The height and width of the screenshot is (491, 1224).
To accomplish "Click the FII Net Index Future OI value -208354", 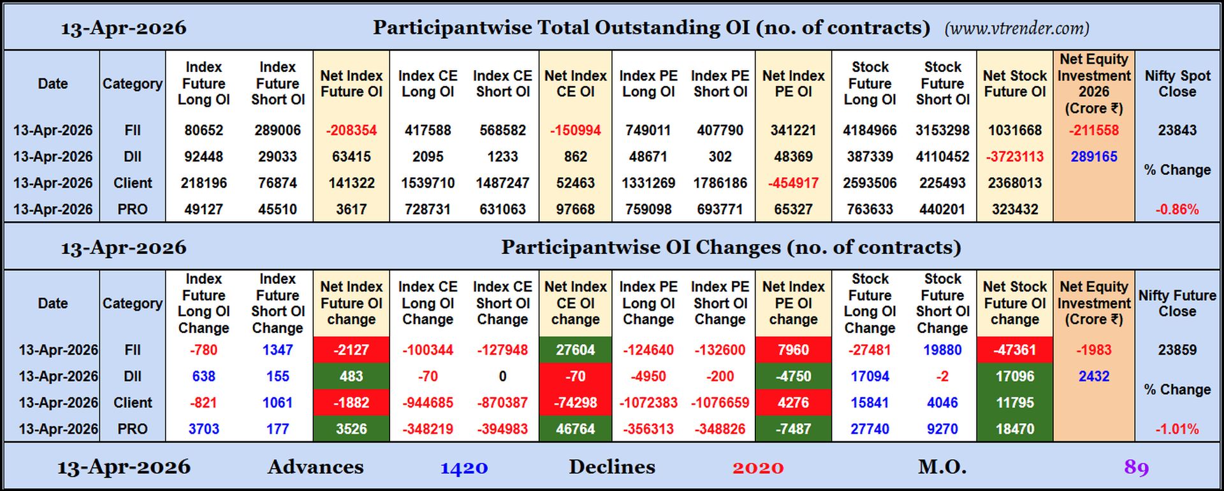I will (351, 130).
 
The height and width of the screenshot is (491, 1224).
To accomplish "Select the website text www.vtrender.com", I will (1017, 28).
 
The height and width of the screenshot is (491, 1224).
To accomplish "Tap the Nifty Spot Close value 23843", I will (1177, 130).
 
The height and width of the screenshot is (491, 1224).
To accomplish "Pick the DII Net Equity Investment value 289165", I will (1093, 156).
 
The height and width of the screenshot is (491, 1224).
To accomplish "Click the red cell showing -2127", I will (351, 350).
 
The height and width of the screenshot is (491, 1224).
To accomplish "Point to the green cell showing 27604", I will (575, 350).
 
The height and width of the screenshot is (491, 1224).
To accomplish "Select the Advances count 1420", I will (463, 467).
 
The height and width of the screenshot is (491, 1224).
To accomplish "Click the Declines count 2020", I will (757, 467).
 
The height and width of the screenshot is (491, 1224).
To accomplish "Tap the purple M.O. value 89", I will (1136, 467).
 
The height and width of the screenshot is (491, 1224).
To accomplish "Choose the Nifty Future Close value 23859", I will (1177, 350).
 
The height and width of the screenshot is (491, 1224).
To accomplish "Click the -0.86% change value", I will (1177, 209).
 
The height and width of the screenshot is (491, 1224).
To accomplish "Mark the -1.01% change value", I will (1177, 429).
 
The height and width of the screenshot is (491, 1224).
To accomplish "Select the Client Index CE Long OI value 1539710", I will (428, 183).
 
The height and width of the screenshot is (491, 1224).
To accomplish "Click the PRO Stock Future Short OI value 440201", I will (942, 209).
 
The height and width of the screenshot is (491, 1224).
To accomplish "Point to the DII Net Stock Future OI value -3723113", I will (1015, 156).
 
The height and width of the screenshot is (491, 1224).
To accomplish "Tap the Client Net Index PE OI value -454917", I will (793, 183).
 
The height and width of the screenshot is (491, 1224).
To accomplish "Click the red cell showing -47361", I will (1015, 350).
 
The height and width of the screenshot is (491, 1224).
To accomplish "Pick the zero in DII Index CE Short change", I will (502, 376).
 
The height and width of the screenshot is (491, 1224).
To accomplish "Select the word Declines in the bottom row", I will (611, 467).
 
